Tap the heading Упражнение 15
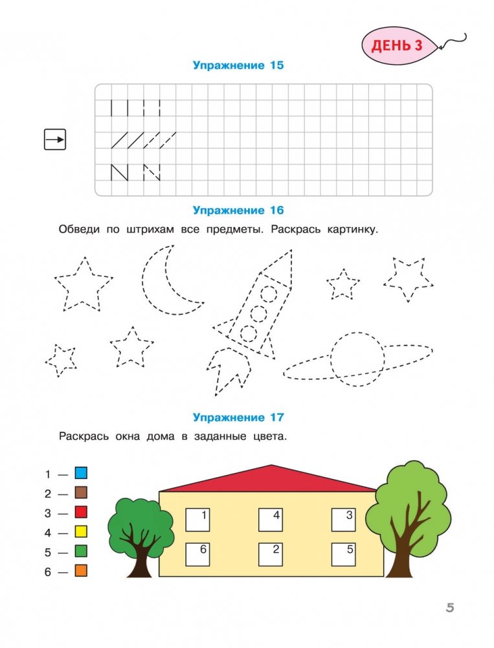[238, 65]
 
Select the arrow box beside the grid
[55, 139]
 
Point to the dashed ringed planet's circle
[357, 360]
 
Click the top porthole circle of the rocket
[269, 294]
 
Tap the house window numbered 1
[198, 519]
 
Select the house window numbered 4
[271, 519]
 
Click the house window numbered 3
[343, 519]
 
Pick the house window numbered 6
[198, 553]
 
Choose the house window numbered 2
[271, 553]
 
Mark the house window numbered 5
[343, 553]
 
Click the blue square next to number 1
[81, 474]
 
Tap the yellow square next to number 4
[81, 533]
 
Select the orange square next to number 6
[81, 572]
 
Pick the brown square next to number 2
[81, 493]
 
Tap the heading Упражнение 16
[238, 210]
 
